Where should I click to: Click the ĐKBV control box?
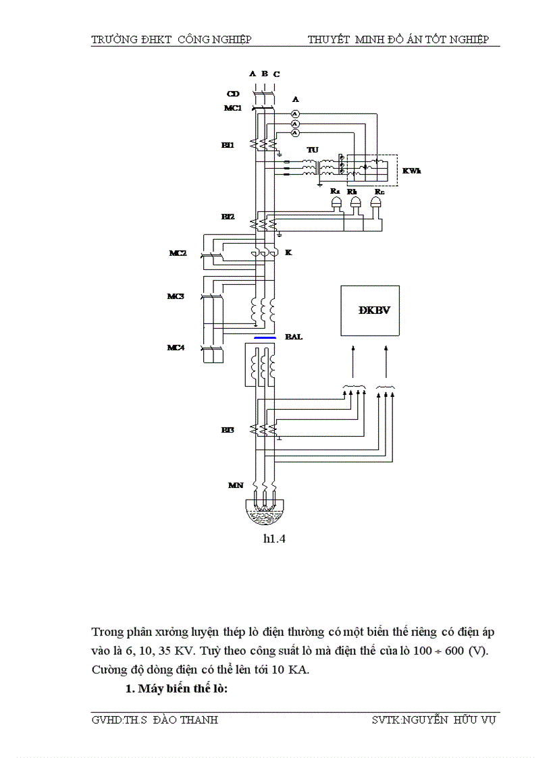(369, 310)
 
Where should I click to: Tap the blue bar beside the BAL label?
(264, 337)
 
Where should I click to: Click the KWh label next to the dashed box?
(412, 171)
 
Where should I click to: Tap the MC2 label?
(177, 254)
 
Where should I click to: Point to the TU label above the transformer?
(312, 149)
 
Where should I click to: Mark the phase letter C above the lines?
(277, 74)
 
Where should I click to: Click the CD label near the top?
(232, 93)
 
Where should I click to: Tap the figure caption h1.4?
(274, 539)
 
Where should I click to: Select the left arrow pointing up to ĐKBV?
(352, 360)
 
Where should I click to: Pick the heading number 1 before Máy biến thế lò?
(128, 689)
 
